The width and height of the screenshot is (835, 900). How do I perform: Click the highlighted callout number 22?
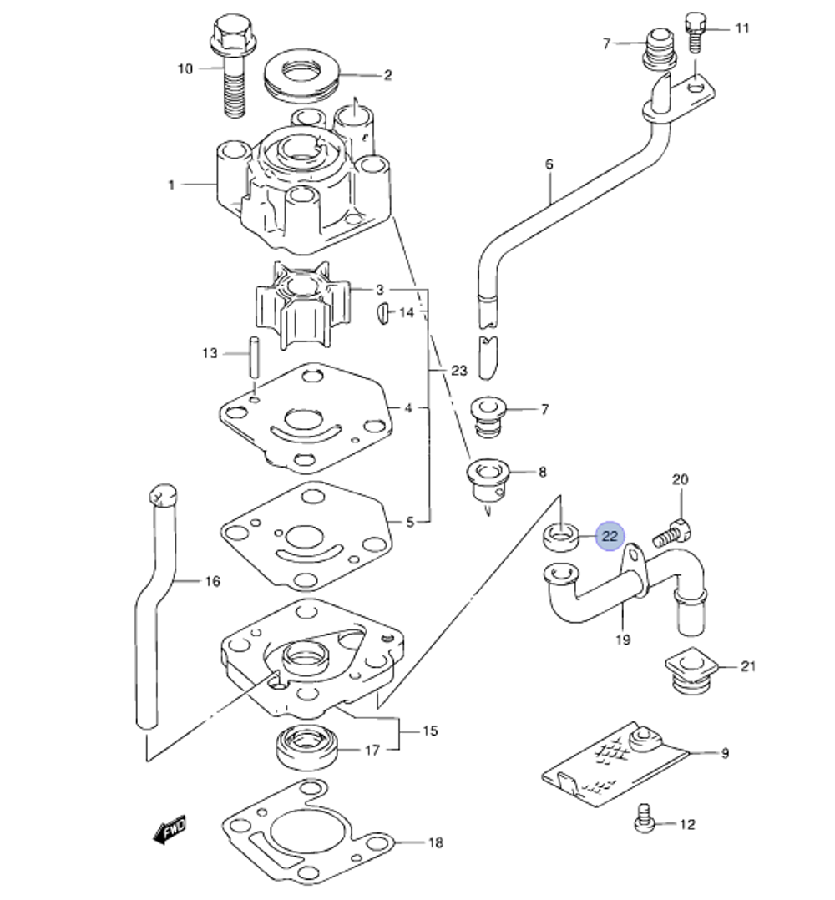click(610, 536)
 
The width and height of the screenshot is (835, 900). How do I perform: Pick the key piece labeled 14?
click(382, 314)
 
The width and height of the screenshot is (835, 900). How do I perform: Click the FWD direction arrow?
click(170, 831)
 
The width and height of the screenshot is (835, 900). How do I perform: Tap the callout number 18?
click(435, 842)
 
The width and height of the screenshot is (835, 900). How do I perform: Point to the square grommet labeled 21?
click(690, 668)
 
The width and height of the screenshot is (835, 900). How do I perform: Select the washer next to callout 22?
click(561, 536)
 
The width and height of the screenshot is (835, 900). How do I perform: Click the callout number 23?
click(458, 371)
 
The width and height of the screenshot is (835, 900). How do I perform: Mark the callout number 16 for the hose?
click(212, 581)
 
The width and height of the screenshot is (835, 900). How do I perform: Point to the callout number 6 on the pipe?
click(549, 164)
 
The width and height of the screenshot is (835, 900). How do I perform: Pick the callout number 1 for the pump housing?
click(172, 185)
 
